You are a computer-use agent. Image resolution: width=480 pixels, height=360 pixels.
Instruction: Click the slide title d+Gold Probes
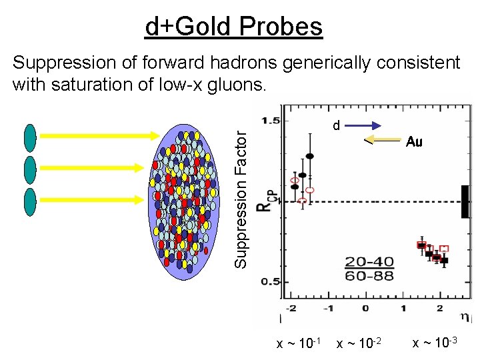234,27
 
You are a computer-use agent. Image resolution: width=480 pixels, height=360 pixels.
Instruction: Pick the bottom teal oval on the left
30,202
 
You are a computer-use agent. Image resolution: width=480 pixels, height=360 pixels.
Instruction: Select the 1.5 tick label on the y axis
271,121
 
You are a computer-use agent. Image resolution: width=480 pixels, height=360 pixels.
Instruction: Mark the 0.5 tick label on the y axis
271,281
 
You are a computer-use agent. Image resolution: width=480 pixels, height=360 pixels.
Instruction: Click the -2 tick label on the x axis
291,308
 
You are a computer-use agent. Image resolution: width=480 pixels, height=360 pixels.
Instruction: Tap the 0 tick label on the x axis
365,308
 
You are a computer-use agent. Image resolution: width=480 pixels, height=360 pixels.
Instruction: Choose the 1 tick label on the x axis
403,308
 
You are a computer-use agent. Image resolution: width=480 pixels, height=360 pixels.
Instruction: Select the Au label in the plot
414,142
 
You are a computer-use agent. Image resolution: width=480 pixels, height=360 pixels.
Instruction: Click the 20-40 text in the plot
369,262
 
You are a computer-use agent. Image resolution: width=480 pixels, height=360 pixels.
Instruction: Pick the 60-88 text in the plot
369,275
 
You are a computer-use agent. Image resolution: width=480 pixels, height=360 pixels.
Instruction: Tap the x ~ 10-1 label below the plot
299,343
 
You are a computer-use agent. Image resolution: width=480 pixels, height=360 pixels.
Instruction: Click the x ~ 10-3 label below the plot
435,343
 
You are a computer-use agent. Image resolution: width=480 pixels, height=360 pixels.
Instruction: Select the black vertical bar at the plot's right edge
464,201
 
